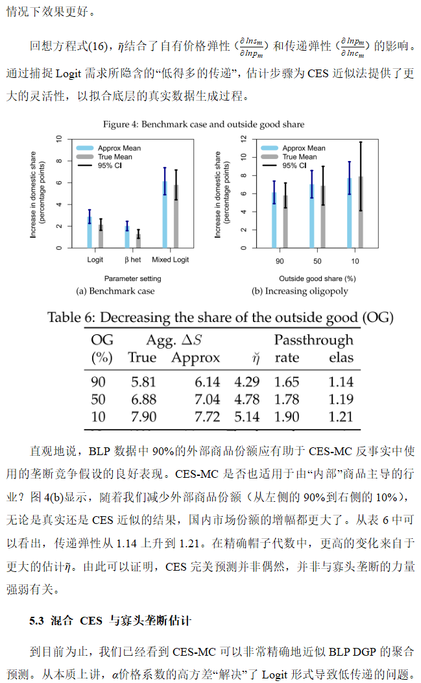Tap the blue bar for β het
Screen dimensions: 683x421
point(127,237)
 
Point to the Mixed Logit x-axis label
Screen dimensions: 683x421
point(171,260)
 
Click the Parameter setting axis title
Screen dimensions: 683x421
point(133,279)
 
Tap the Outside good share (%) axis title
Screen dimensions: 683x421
point(317,279)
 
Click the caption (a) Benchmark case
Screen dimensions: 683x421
point(115,291)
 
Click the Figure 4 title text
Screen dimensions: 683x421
point(204,124)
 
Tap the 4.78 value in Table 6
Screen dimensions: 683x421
point(247,399)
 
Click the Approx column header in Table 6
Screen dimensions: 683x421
point(195,358)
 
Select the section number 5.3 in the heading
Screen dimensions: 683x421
point(37,621)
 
